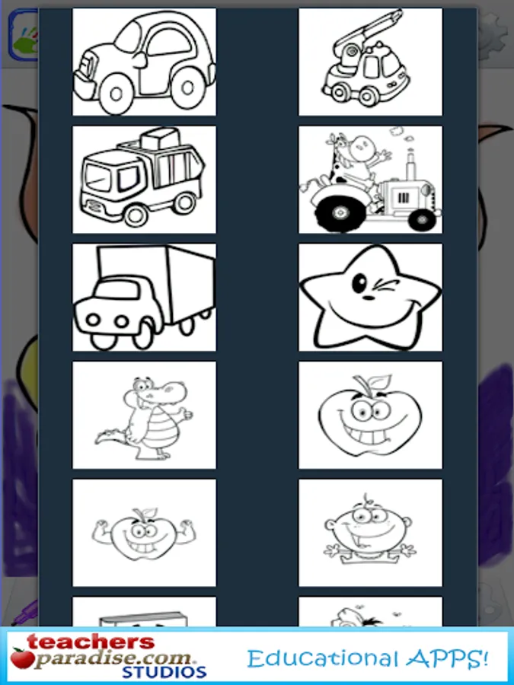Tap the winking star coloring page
coord(370,297)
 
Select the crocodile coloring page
coord(144,415)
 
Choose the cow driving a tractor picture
coord(370,180)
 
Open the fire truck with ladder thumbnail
coord(370,62)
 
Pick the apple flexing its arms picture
coord(144,533)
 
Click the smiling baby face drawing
coord(370,533)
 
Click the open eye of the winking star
coord(359,284)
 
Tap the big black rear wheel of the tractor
coord(340,213)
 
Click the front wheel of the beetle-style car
coord(117,93)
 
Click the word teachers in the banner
coord(91,642)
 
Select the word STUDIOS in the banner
coord(164,671)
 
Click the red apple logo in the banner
coord(22,658)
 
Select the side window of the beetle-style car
coord(170,43)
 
